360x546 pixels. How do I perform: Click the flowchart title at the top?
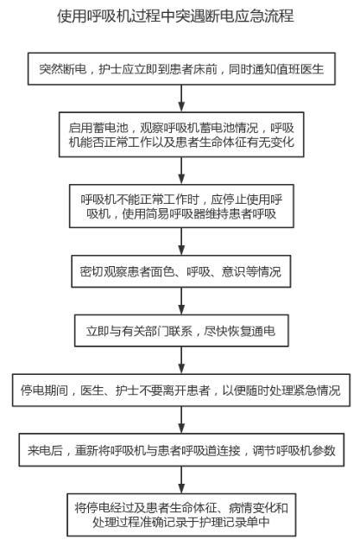pos(175,16)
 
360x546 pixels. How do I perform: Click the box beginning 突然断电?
pos(181,68)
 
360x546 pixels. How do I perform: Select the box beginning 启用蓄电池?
pos(181,135)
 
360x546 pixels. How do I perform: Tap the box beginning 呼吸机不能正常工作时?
pos(181,206)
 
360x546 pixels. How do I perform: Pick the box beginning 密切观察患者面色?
pos(181,271)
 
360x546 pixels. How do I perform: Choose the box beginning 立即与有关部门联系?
pos(181,331)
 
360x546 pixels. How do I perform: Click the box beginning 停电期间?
pos(181,390)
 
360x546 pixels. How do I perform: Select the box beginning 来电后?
pos(181,450)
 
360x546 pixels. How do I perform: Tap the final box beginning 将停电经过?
pos(181,515)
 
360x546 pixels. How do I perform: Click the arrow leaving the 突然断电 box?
pos(181,98)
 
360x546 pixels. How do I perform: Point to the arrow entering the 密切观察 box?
pos(181,242)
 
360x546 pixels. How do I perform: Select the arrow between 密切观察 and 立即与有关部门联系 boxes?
pos(181,302)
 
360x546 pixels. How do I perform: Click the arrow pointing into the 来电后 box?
pos(181,420)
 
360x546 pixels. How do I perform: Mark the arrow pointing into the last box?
pos(181,479)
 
